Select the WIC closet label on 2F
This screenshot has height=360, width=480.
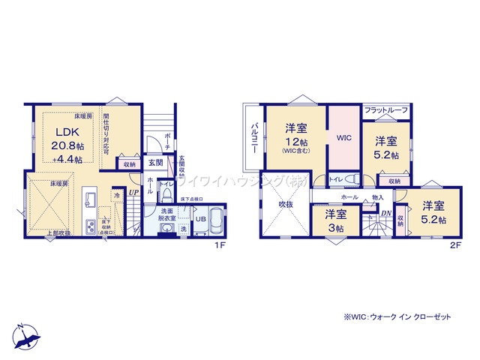343,138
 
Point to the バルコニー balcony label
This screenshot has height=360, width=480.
254,137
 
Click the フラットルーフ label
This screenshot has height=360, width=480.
386,111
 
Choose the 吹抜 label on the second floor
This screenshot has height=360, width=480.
286,204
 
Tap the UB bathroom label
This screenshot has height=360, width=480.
200,219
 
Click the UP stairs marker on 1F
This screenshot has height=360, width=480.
133,193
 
